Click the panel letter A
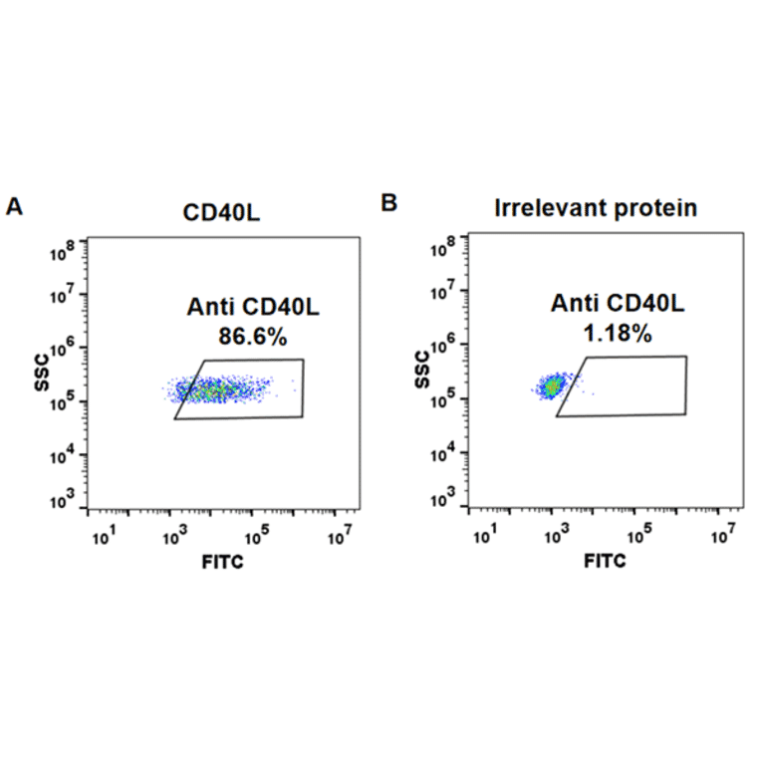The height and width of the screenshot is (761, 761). click(14, 206)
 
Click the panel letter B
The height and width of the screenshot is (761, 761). click(389, 203)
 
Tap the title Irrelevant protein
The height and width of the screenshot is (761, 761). click(597, 208)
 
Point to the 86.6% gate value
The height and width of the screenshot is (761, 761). click(252, 337)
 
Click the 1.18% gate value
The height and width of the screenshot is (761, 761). click(618, 334)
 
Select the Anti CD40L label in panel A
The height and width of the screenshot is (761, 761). click(253, 308)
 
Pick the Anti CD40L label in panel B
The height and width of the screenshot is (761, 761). click(618, 305)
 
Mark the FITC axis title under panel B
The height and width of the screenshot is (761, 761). click(605, 562)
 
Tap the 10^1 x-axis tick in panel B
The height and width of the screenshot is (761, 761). click(485, 536)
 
